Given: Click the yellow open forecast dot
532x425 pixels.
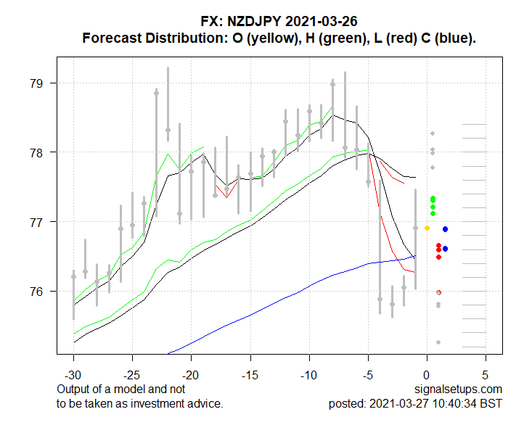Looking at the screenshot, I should [x=427, y=228].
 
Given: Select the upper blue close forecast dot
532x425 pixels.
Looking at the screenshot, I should [x=445, y=229].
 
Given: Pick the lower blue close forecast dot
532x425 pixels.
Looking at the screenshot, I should [x=445, y=249].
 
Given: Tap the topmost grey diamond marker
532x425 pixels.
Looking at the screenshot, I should [x=433, y=133].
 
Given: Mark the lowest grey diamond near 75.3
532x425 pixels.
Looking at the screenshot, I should [x=438, y=342].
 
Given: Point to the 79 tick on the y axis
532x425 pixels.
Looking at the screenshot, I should [x=44, y=83].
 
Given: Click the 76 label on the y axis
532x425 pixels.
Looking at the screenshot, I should [x=44, y=292].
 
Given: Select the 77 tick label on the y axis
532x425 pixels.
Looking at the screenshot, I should [x=44, y=222].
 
